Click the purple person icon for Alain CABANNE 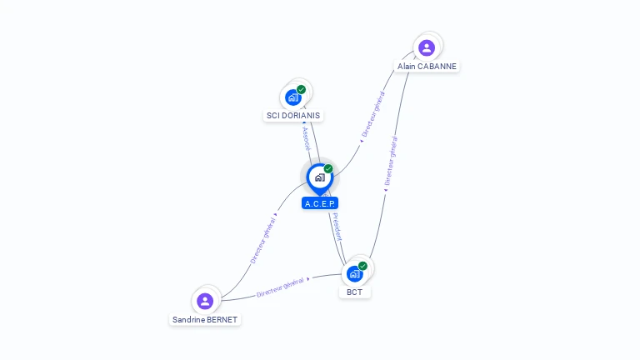click(427, 47)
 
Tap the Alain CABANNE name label click(427, 66)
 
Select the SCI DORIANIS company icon click(292, 97)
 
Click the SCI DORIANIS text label click(292, 116)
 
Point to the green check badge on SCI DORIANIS click(301, 89)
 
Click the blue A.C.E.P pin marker click(319, 177)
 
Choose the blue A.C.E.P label click(321, 203)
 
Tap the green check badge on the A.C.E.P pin click(328, 168)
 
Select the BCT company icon click(355, 273)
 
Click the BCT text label click(355, 292)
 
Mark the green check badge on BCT click(362, 266)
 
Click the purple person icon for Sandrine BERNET click(205, 301)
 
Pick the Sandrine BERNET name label click(205, 319)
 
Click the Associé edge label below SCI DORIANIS click(306, 137)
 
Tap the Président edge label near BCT click(337, 227)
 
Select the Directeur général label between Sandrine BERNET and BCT click(281, 288)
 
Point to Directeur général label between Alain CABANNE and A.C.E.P click(373, 115)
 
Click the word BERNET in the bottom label click(221, 319)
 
